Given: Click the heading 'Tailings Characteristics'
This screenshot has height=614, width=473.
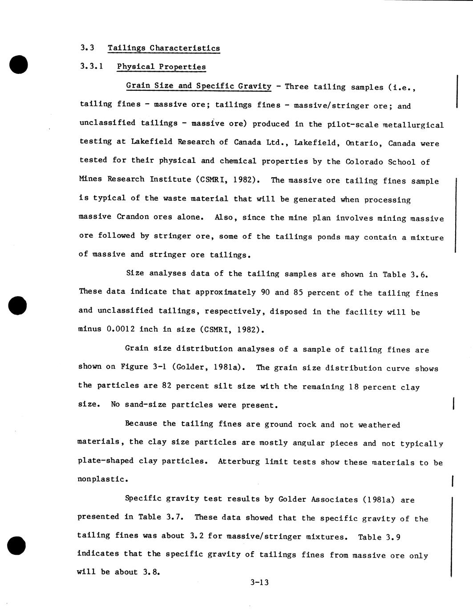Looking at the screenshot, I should pos(164,48).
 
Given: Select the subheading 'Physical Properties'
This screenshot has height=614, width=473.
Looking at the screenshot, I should pos(161,67).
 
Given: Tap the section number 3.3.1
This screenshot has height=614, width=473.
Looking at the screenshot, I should pos(92,66).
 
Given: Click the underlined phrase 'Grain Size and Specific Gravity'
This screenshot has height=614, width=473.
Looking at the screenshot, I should pos(198,86).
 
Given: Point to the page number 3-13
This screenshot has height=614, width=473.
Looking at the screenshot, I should pos(259,582).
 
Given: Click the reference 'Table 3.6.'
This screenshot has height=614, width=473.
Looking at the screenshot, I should pos(405,274).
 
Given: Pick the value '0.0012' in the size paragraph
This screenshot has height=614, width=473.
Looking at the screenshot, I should pos(121,329).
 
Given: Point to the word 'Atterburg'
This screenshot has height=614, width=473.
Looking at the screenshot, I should pos(239,461).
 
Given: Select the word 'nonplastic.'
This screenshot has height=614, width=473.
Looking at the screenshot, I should pos(103,480).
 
